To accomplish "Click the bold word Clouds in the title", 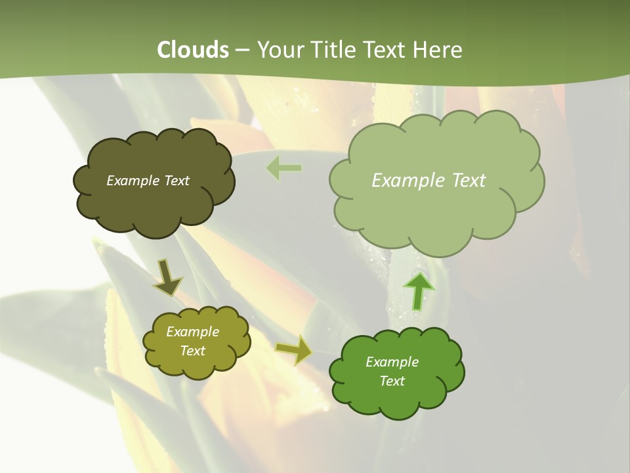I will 193,50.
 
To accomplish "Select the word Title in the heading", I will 335,50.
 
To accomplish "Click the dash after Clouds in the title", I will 242,51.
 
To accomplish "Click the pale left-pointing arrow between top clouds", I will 283,168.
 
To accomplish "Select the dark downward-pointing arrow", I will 168,278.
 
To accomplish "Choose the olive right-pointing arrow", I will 293,350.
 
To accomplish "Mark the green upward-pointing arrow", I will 418,290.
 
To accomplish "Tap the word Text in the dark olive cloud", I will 177,181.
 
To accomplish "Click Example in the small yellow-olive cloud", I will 192,332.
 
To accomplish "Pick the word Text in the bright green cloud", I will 392,381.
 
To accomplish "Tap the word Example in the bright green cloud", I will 392,362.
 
